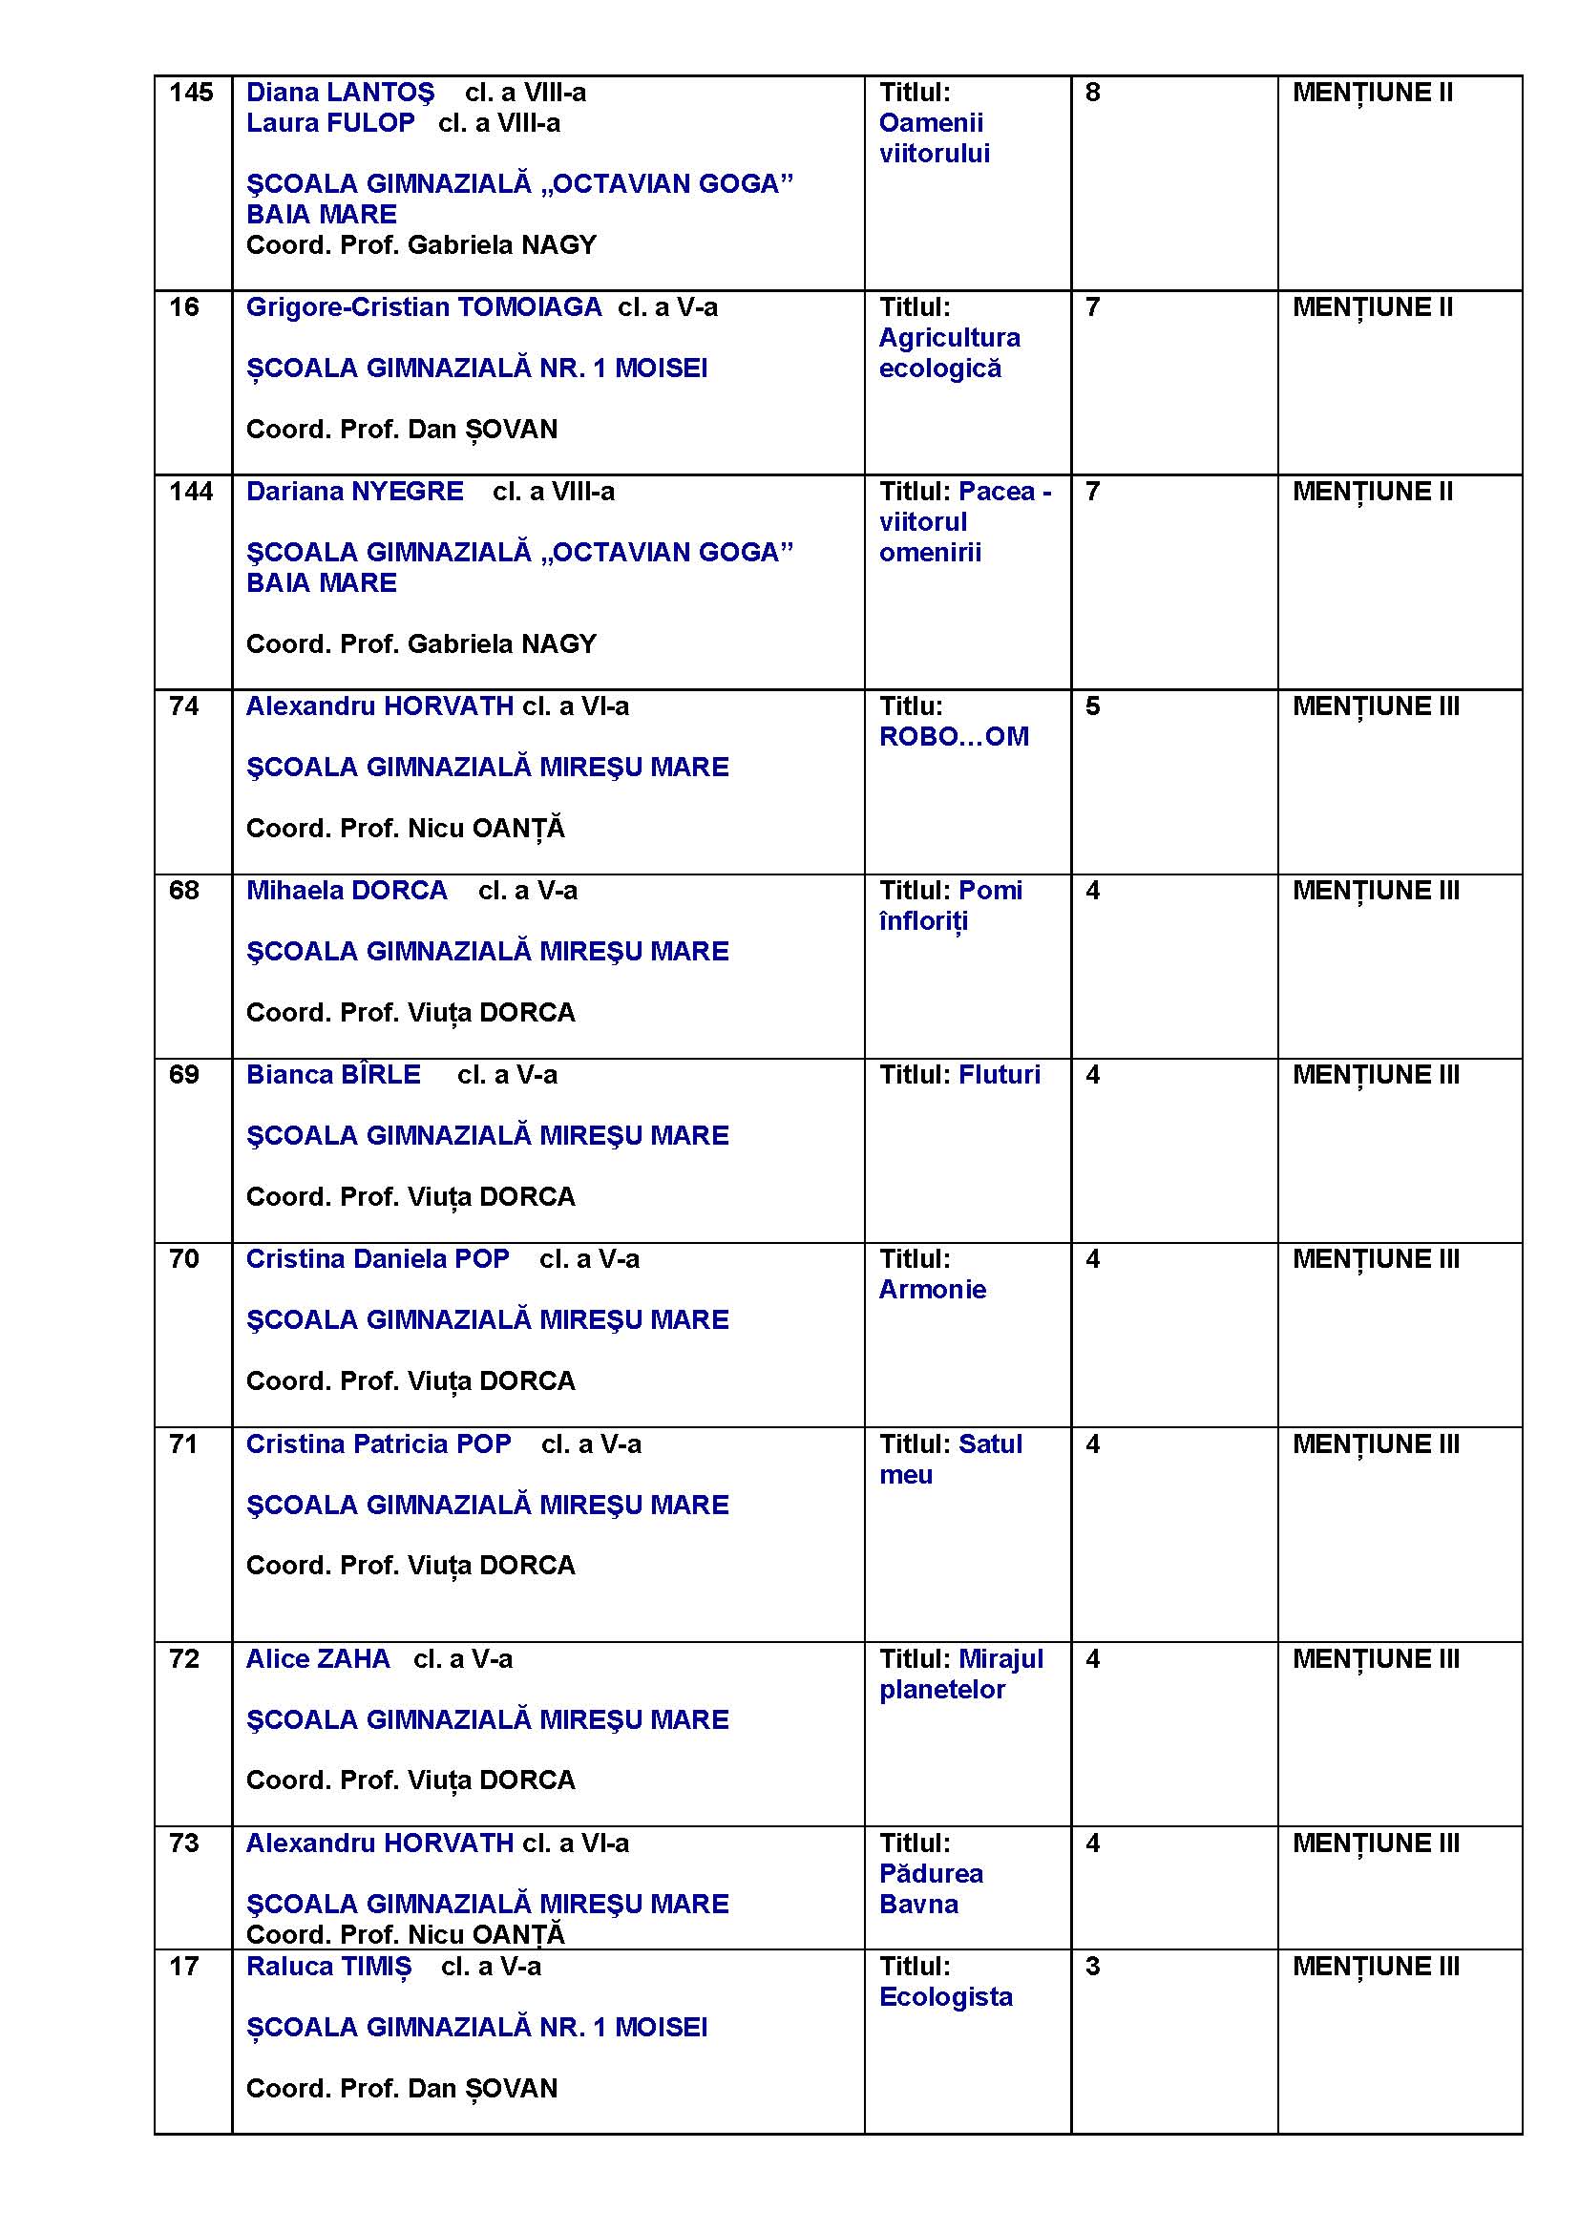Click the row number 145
click(x=191, y=94)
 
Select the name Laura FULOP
click(x=329, y=123)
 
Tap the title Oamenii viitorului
click(x=934, y=138)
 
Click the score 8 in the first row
click(x=1092, y=94)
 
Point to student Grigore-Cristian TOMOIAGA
click(x=423, y=307)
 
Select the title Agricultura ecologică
click(x=949, y=353)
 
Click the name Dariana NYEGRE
click(x=354, y=492)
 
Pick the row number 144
click(x=191, y=492)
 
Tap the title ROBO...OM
click(x=953, y=737)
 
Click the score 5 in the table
click(x=1092, y=707)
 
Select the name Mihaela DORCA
click(x=347, y=891)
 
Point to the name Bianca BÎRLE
click(x=332, y=1075)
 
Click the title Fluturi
click(x=999, y=1075)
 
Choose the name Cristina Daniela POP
click(x=377, y=1259)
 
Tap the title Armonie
click(x=932, y=1290)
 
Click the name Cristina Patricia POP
click(x=378, y=1444)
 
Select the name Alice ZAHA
click(x=317, y=1659)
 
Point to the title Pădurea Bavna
click(x=931, y=1888)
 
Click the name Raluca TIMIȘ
click(x=327, y=1967)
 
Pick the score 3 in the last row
click(x=1092, y=1967)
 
